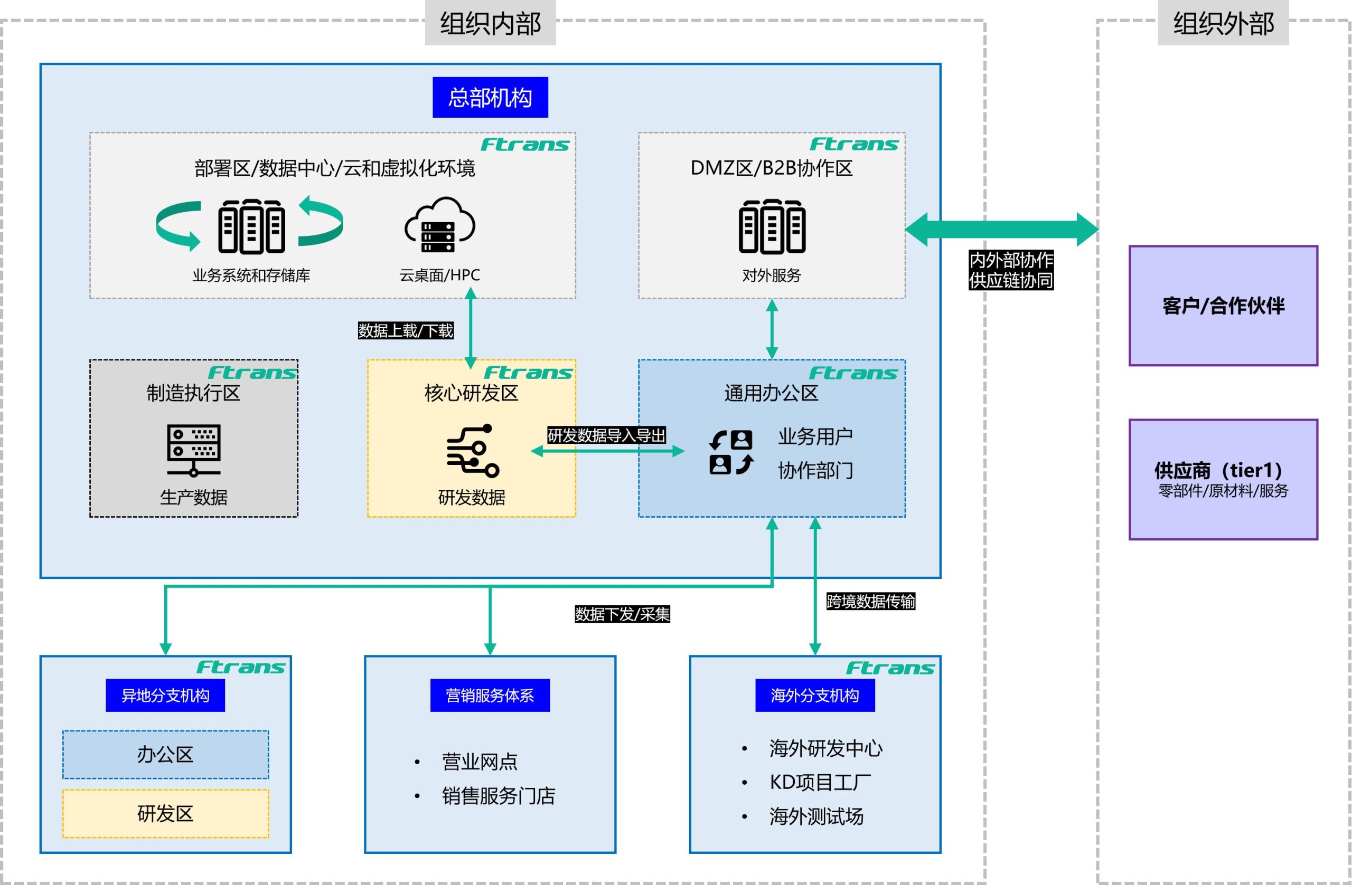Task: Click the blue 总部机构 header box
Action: [490, 97]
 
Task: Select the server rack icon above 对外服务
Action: [772, 226]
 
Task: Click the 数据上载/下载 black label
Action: [405, 330]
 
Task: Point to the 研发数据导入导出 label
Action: [606, 435]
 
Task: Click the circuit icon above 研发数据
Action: [472, 450]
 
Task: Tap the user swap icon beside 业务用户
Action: [731, 452]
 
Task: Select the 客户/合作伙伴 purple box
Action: [1223, 306]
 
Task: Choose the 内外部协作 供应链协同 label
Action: [1011, 270]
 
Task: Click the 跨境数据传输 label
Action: [870, 601]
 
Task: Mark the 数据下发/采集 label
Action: [622, 614]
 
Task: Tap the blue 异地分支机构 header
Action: [165, 695]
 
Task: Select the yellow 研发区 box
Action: [165, 813]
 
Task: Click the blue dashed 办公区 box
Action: [165, 755]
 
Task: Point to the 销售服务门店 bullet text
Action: [498, 796]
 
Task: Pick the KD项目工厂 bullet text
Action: [820, 782]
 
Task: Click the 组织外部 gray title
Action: [1223, 23]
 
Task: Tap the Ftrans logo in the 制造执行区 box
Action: [252, 373]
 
